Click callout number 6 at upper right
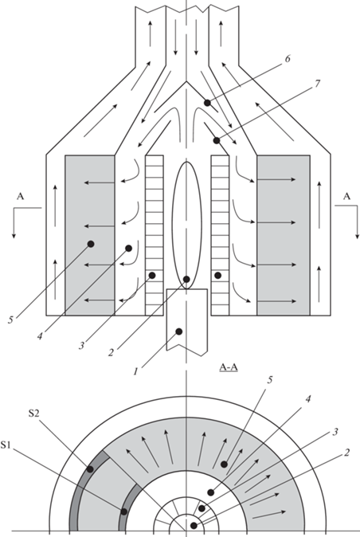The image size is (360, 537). pos(288,59)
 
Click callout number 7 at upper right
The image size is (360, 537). pos(317,83)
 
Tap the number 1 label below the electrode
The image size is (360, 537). pos(135,371)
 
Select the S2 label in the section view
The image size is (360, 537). pos(33,414)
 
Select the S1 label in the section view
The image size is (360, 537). pos(6,445)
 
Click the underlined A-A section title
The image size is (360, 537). pos(229,368)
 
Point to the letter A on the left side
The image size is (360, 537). pos(21,196)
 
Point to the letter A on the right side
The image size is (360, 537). pos(347,196)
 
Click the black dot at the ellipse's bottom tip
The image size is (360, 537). pos(186,279)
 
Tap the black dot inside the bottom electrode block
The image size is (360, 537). pos(178,331)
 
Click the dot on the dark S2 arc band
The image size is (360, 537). pos(90,468)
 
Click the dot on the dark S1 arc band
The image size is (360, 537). pos(124,512)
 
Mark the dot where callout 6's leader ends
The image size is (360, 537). pos(207,103)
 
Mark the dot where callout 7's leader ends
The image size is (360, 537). pos(217,140)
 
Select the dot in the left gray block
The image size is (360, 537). pos(91,244)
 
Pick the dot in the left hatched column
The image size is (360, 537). pos(152,275)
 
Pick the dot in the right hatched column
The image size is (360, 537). pos(217,275)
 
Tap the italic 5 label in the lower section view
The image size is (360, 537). pos(270,380)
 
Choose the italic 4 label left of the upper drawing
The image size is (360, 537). pos(40,337)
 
